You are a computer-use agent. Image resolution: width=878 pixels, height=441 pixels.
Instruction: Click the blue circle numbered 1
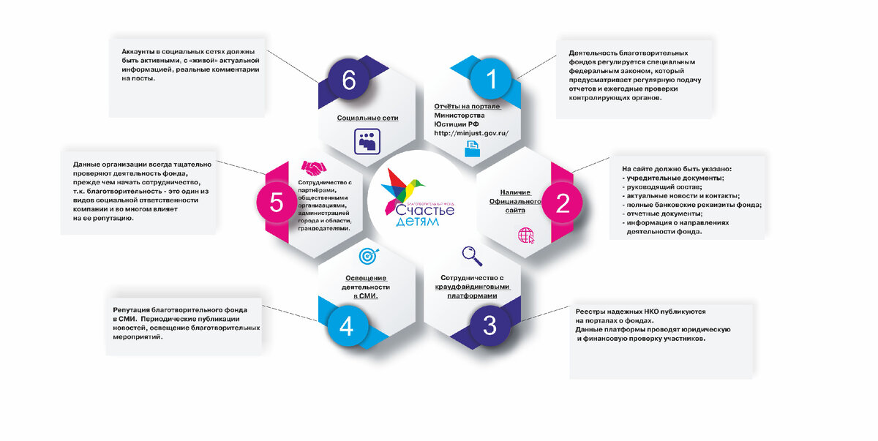coord(492,79)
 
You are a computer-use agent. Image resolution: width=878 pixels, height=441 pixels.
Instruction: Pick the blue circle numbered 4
coord(346,326)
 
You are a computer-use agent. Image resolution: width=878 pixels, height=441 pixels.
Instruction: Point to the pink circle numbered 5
coord(277,202)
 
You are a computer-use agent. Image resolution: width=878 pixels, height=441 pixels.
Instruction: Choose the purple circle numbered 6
coord(349,80)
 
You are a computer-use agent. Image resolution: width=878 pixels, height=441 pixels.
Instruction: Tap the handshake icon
coord(315,168)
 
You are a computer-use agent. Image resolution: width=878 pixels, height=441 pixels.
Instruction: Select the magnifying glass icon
coord(472,255)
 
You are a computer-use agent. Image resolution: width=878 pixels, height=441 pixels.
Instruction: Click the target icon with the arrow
coord(367,256)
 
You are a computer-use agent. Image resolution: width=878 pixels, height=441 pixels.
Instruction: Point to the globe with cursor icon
coord(526,235)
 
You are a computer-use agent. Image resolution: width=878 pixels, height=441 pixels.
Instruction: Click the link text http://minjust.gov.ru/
coord(471,133)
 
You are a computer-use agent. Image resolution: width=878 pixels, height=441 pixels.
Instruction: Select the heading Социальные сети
coord(367,117)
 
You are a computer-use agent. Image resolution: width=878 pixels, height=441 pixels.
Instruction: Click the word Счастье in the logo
coord(424,210)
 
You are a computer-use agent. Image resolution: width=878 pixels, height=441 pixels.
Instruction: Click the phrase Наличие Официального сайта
coord(515,200)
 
